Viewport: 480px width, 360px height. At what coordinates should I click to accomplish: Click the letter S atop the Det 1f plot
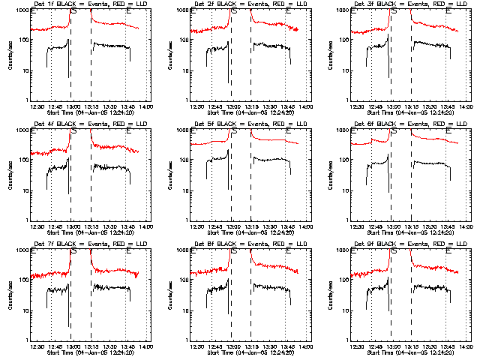pyautogui.click(x=73, y=12)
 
